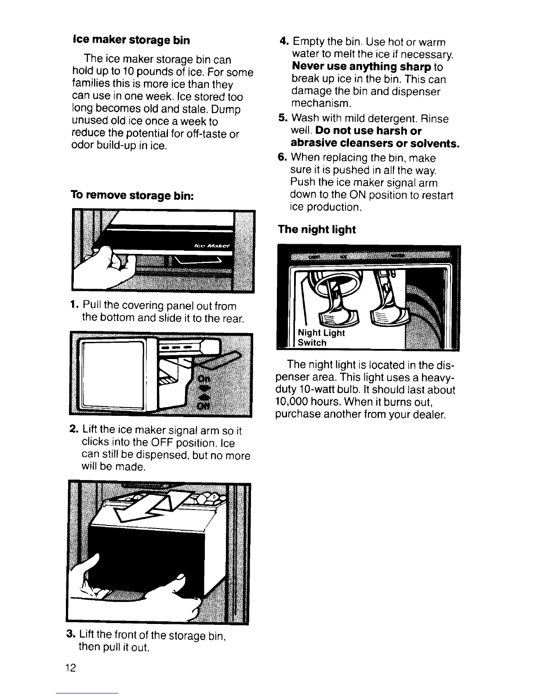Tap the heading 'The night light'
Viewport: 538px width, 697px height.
(316, 230)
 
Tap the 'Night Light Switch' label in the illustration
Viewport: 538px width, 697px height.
(321, 337)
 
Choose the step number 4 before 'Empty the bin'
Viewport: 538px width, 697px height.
(284, 42)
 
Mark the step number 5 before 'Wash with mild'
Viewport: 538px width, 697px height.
(284, 119)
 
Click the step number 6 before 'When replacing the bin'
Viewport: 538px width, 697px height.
(284, 158)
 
